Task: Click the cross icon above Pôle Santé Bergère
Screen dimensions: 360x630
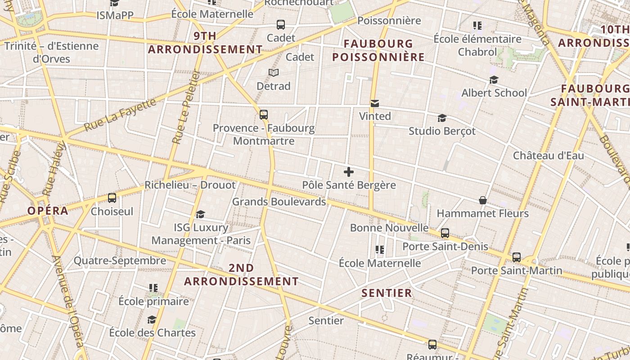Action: [x=349, y=172]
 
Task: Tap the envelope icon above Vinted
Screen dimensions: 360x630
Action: [x=374, y=104]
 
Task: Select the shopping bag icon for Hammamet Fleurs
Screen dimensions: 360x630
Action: [x=483, y=200]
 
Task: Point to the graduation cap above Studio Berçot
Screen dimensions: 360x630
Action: [x=442, y=118]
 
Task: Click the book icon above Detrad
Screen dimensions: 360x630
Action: [x=274, y=72]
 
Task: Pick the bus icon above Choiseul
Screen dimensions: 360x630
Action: [x=112, y=198]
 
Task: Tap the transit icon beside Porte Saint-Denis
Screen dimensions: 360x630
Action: [x=445, y=233]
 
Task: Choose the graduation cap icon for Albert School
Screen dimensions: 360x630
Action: [x=494, y=80]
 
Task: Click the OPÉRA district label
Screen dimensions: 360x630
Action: [x=48, y=211]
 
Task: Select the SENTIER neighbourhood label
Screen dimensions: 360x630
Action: [x=387, y=293]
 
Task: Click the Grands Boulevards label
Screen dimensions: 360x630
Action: [x=279, y=202]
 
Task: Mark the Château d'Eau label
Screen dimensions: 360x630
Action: [x=549, y=156]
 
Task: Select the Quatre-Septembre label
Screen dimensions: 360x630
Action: [x=120, y=261]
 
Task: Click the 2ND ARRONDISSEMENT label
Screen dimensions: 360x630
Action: [x=241, y=274]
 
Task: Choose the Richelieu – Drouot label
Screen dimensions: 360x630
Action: [x=190, y=185]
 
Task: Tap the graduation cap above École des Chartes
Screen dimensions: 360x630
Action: [x=152, y=319]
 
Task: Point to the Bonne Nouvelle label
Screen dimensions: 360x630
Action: [x=389, y=228]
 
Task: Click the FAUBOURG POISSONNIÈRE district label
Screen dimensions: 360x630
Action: [x=378, y=50]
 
